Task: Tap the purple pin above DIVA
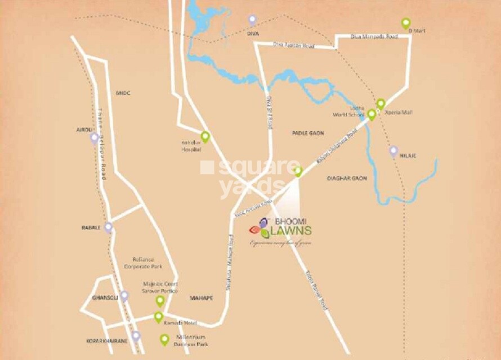[x=252, y=20]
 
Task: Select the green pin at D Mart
[x=406, y=23]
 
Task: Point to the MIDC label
[x=123, y=93]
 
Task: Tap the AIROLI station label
[x=84, y=129]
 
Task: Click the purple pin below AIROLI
[x=94, y=138]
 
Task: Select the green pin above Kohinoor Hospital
[x=205, y=136]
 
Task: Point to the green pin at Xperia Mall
[x=381, y=104]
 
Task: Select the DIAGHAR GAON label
[x=347, y=178]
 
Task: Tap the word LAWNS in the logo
[x=291, y=231]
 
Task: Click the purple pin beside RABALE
[x=108, y=227]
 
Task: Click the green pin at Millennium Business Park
[x=164, y=339]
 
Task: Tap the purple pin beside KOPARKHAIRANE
[x=136, y=336]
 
